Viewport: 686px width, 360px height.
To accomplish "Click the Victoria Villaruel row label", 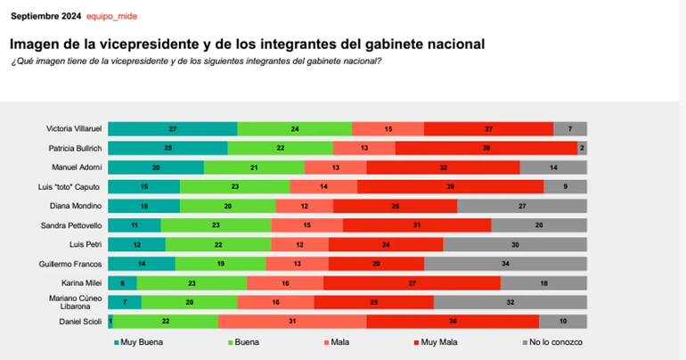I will [x=74, y=129].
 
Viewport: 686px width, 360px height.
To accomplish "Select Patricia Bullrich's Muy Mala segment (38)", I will [x=486, y=148].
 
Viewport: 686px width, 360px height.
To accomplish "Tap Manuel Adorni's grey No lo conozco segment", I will [x=552, y=168].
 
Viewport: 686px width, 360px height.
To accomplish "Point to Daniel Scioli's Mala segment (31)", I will [x=291, y=321].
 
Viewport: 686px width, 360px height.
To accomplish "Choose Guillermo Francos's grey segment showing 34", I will [x=505, y=264].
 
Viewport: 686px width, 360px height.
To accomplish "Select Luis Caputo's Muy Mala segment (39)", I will [x=450, y=186].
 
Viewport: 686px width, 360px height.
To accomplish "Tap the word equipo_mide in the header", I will [x=111, y=17].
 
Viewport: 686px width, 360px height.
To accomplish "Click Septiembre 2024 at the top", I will [x=45, y=17].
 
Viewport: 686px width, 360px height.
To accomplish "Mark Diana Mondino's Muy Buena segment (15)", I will [x=143, y=206].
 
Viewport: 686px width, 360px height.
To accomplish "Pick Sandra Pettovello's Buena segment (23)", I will [x=216, y=225].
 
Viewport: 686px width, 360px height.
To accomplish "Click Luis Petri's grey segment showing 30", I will [x=514, y=244].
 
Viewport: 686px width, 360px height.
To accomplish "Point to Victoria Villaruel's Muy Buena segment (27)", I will [x=172, y=129].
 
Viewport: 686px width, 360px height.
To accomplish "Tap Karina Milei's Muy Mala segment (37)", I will [x=411, y=283].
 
